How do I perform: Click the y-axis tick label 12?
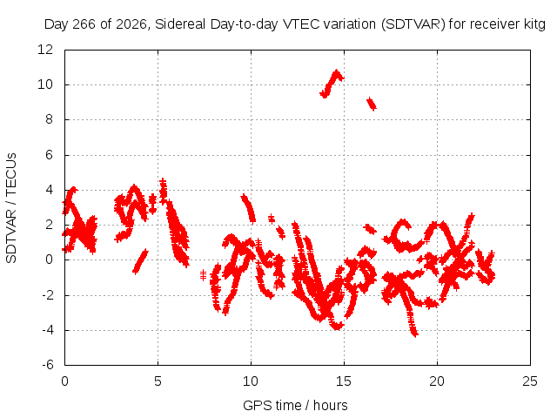[x=45, y=50]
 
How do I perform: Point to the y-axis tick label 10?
[x=45, y=84]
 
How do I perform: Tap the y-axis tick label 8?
[x=49, y=119]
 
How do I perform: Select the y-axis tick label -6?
[x=48, y=365]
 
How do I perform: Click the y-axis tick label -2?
[x=48, y=294]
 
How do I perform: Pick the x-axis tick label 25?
[x=530, y=381]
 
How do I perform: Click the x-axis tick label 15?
[x=344, y=381]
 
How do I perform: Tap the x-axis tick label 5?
[x=158, y=381]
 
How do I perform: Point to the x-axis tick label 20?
[x=437, y=381]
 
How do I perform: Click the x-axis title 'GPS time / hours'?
[x=295, y=405]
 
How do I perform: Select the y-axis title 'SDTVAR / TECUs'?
[x=11, y=208]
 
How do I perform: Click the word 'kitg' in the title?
[x=534, y=24]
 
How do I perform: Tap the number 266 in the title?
[x=84, y=24]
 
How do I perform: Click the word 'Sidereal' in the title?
[x=180, y=24]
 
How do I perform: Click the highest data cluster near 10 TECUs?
[x=332, y=84]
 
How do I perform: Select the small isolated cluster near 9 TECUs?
[x=372, y=104]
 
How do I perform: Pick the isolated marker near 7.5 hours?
[x=203, y=275]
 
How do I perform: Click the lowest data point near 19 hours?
[x=415, y=334]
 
